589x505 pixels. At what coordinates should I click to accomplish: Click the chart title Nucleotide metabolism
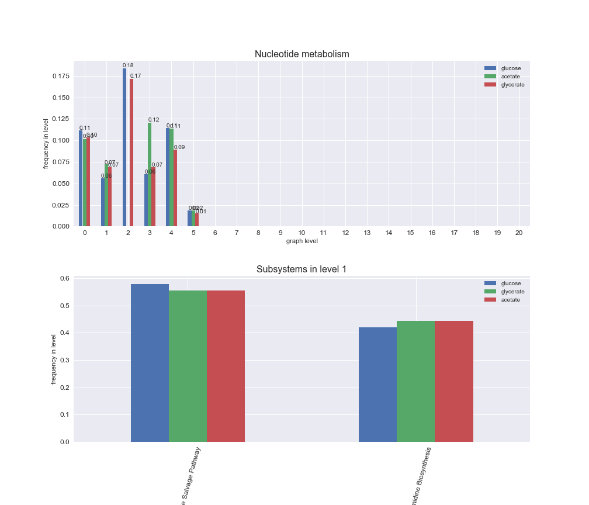tap(302, 54)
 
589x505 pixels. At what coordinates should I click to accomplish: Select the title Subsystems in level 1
tap(302, 269)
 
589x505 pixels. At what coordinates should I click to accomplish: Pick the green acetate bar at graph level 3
tap(150, 174)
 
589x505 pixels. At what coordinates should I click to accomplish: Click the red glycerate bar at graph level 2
tap(131, 153)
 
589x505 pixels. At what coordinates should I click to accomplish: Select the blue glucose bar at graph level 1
tap(103, 202)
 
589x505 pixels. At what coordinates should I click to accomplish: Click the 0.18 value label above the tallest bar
tap(128, 65)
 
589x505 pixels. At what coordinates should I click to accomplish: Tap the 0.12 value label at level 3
tap(154, 120)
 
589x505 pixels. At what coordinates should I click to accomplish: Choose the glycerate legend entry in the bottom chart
tap(512, 292)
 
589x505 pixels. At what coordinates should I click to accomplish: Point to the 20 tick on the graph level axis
tap(519, 233)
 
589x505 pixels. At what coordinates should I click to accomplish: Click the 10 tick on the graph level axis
tap(302, 233)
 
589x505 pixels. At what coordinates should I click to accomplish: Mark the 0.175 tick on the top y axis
tap(61, 76)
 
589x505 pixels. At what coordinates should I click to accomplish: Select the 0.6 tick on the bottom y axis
tap(64, 278)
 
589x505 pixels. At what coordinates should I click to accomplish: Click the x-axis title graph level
tap(302, 241)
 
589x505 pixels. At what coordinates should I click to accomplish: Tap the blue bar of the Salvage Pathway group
tap(150, 362)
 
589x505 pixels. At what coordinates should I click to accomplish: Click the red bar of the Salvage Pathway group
tap(226, 366)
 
